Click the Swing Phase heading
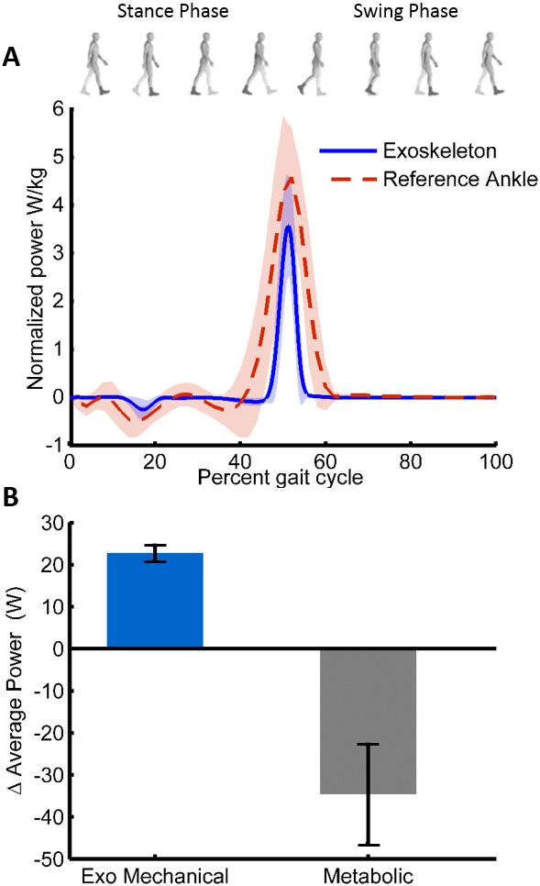point(407,13)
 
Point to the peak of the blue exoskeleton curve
point(289,225)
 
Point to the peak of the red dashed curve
point(289,179)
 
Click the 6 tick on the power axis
point(57,109)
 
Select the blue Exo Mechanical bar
point(155,600)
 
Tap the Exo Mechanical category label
point(155,874)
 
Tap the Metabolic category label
point(368,874)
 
